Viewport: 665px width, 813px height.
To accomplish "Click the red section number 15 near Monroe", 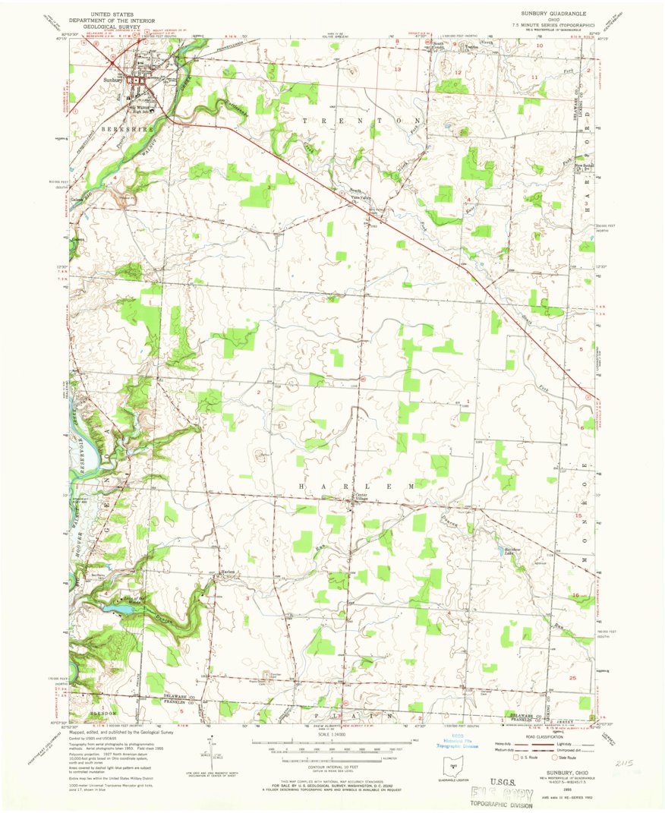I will (578, 515).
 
